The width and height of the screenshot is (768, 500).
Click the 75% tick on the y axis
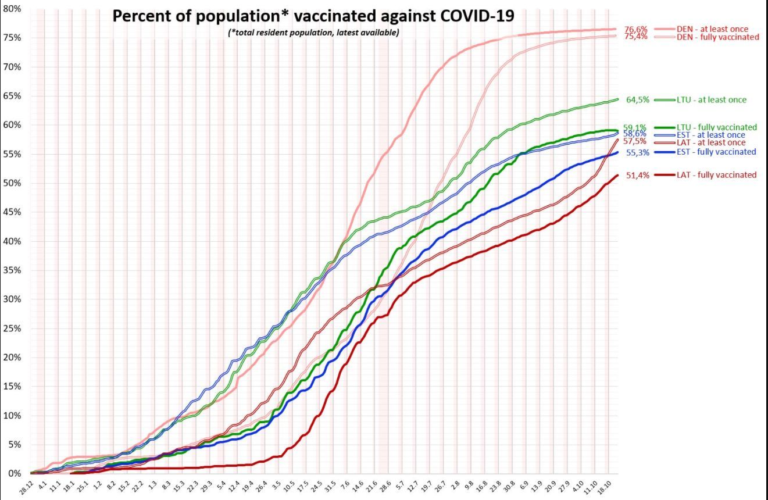[12, 38]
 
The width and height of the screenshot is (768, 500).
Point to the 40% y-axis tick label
[12, 241]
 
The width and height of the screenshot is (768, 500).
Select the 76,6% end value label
[637, 29]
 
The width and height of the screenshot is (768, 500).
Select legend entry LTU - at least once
[711, 100]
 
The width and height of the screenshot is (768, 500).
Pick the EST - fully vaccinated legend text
[716, 152]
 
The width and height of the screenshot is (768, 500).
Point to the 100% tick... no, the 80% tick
[12, 9]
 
